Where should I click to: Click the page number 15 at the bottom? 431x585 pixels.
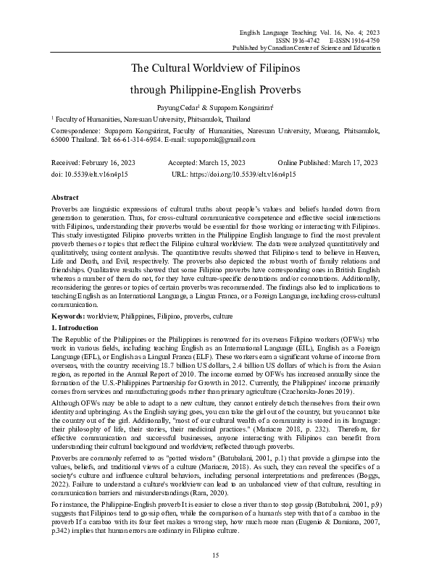coord(215,555)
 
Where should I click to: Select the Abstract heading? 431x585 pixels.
coord(65,198)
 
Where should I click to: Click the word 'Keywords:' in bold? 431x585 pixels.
coord(67,317)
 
